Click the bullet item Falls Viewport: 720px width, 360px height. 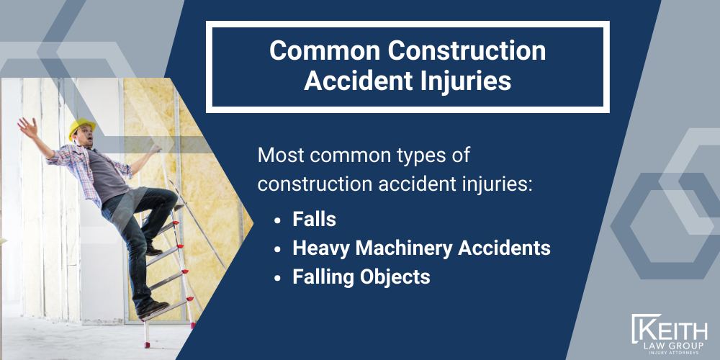point(315,220)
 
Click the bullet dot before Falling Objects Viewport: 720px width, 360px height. point(279,277)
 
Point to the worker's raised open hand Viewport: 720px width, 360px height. point(27,128)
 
